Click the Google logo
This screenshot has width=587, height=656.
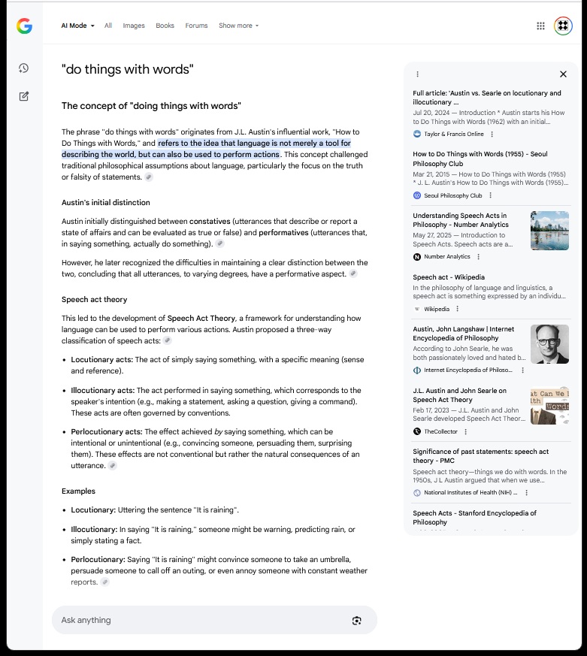click(x=24, y=26)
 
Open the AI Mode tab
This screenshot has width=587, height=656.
click(x=77, y=26)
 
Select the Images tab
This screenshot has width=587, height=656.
click(x=134, y=26)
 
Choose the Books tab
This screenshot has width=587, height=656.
click(x=165, y=26)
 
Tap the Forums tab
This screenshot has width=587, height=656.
click(x=196, y=26)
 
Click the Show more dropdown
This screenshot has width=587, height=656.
click(x=238, y=26)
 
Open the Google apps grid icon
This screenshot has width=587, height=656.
click(x=540, y=26)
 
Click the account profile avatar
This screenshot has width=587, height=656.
click(x=563, y=26)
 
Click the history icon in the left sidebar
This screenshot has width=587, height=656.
click(x=24, y=68)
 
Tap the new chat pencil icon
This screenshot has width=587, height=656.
click(x=24, y=96)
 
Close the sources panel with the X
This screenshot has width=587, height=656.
click(x=563, y=74)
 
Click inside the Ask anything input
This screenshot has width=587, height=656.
click(x=195, y=620)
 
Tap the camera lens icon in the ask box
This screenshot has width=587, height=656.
click(x=356, y=620)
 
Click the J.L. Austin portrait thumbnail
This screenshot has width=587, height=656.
click(x=549, y=344)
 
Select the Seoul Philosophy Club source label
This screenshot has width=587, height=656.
click(x=453, y=195)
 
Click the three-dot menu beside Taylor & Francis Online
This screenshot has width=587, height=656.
click(x=492, y=134)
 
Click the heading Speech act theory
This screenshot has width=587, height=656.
click(x=95, y=300)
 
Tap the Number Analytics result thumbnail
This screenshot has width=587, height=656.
click(x=549, y=231)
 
